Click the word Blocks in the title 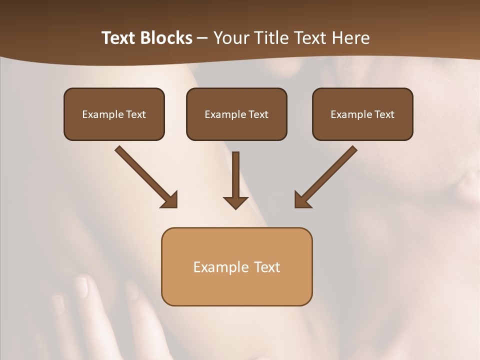coord(166,38)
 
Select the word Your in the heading coord(230,38)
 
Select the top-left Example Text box coord(114,114)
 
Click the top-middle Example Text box coord(236,114)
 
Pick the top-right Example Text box coord(362,114)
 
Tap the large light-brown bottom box coord(236,266)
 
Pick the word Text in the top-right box coord(384,114)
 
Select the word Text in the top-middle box coord(258,114)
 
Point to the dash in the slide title coord(202,38)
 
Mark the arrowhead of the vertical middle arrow coord(235,202)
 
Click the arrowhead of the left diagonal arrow coord(170,200)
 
